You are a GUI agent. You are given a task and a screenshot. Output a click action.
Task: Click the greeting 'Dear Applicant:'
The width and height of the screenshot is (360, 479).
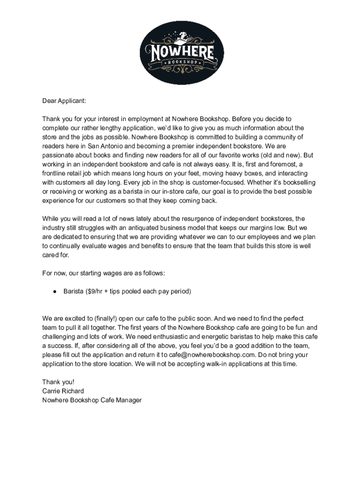64,101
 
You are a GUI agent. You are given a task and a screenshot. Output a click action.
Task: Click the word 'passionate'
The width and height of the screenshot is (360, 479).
58,155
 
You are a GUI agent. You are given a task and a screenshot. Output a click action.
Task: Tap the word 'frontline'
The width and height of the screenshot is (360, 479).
56,174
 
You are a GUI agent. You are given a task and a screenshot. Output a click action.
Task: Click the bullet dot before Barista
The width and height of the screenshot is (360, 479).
54,291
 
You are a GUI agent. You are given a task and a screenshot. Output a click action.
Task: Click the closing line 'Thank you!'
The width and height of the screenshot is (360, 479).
58,382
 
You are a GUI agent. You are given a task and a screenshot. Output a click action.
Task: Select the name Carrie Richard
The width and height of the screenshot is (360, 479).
63,391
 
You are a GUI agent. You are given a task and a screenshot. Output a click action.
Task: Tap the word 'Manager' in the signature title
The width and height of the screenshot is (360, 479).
128,400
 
